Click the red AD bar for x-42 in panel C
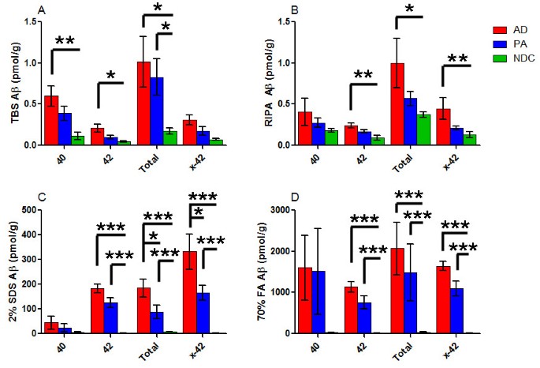click(189, 292)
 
